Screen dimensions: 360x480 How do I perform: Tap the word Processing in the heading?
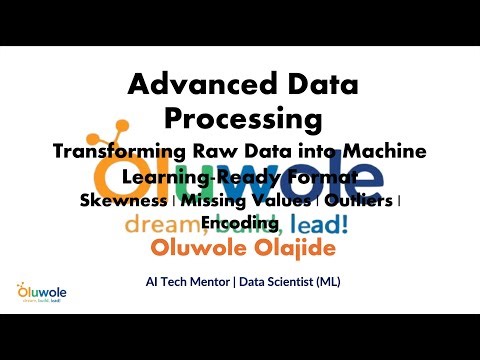[244, 118]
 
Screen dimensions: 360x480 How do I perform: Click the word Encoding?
[240, 221]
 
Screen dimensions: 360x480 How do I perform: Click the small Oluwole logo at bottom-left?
[37, 291]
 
